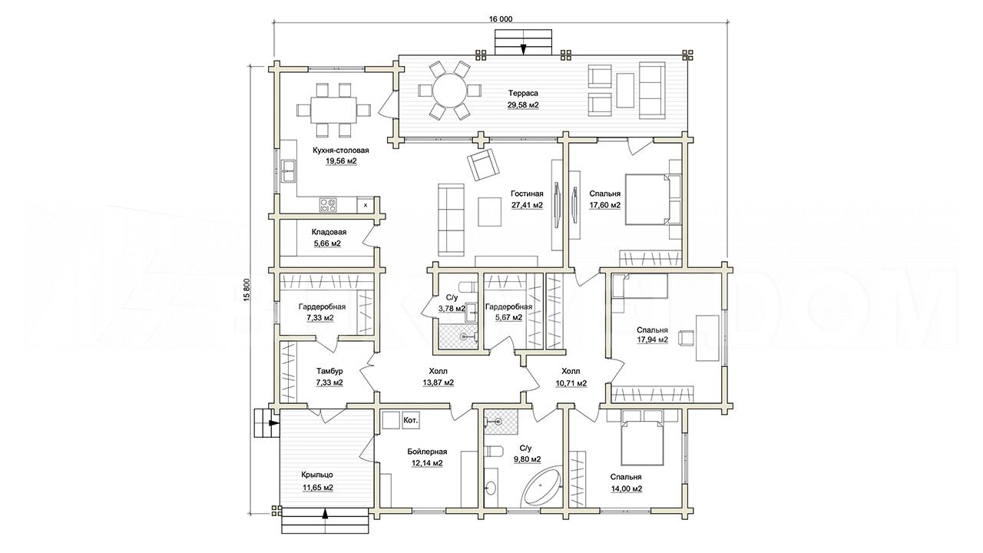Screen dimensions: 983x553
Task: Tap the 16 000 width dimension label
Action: (501, 19)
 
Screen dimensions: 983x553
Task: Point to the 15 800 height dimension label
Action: (247, 290)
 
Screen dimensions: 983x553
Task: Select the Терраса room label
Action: (523, 93)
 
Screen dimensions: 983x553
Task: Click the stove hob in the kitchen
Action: (329, 204)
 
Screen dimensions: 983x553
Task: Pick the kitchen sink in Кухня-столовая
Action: (288, 171)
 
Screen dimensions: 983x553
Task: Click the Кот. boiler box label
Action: (410, 420)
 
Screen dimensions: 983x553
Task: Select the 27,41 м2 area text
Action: (527, 204)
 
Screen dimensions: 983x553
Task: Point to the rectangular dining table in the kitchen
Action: (333, 109)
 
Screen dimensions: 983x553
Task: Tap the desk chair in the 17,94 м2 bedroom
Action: (685, 337)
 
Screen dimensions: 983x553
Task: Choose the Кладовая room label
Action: (329, 232)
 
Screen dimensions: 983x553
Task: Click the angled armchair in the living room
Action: (483, 164)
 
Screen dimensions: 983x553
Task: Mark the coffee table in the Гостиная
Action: (490, 211)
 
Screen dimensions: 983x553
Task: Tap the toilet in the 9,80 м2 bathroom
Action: (493, 452)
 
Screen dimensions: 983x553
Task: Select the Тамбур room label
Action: (329, 371)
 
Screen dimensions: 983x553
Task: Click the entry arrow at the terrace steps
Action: (523, 49)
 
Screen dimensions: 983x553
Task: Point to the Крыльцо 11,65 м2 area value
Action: (318, 488)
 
